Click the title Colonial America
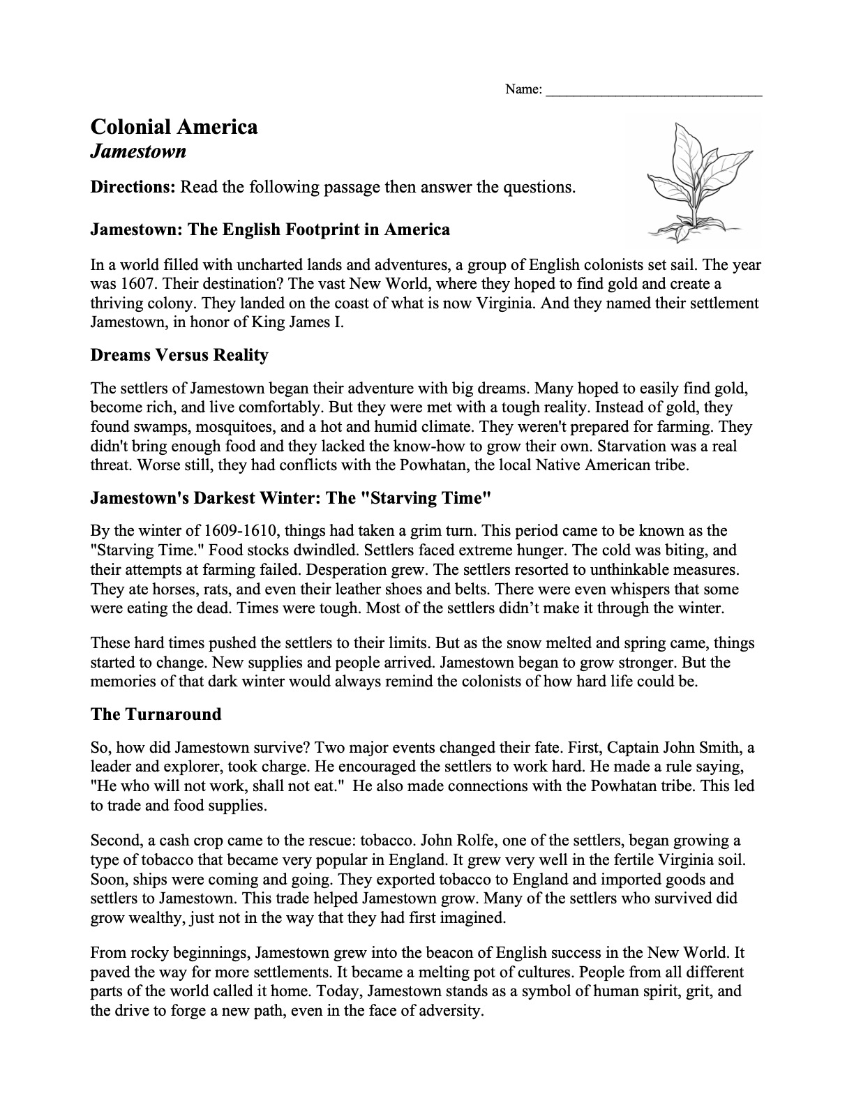click(174, 127)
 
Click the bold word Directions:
click(133, 187)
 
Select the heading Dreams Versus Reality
click(179, 355)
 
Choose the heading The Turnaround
click(156, 714)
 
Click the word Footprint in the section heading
click(321, 230)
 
